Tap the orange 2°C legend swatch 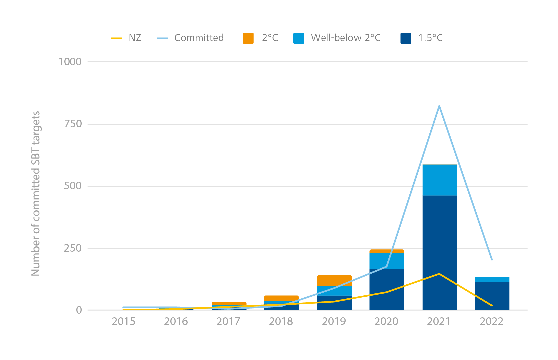(248, 38)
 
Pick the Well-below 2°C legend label (345, 38)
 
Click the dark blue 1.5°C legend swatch (406, 38)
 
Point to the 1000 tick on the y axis (70, 62)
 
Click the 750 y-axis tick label (73, 124)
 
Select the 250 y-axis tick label (73, 248)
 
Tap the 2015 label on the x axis (123, 322)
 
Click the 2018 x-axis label (281, 322)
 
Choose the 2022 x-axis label (491, 322)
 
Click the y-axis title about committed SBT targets (36, 193)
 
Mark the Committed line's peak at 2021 (439, 106)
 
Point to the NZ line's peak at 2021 (439, 274)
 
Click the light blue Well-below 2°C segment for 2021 (440, 180)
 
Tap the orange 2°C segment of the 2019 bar (334, 280)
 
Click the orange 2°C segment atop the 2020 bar (387, 251)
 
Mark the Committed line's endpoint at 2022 (492, 260)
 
